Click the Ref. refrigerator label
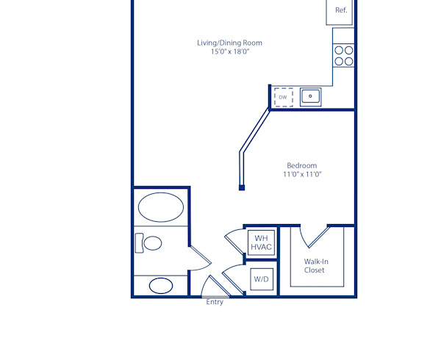click(341, 10)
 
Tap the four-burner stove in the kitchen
click(343, 56)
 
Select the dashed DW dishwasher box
click(283, 97)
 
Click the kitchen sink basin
click(310, 96)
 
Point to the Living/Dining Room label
click(229, 43)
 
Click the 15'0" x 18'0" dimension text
click(229, 52)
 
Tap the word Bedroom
click(302, 165)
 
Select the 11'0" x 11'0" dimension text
click(302, 175)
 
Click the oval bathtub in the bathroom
click(161, 206)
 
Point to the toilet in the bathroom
click(148, 242)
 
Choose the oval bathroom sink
click(161, 285)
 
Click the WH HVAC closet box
click(261, 243)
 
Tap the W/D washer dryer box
click(261, 279)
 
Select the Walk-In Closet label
click(315, 265)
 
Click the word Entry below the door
click(215, 302)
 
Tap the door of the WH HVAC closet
click(234, 240)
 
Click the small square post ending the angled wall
click(241, 188)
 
